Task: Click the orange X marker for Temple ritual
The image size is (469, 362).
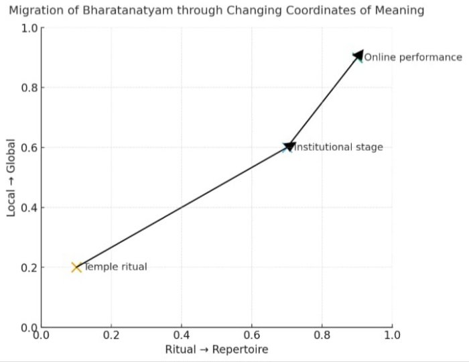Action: [76, 267]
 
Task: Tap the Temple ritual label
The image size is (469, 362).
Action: [115, 267]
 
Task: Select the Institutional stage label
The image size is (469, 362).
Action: [339, 147]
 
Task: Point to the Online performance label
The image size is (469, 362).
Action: [413, 57]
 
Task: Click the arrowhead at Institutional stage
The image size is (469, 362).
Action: [290, 145]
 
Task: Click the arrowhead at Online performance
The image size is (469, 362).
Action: [358, 56]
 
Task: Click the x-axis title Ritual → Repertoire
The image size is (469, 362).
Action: [216, 349]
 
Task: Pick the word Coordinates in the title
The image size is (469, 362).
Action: [326, 10]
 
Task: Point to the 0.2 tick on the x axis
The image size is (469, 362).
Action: [111, 334]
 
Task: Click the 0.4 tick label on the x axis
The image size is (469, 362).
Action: [182, 334]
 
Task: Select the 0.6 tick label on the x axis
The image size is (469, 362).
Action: [252, 334]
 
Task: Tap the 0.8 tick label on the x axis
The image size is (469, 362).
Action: [322, 334]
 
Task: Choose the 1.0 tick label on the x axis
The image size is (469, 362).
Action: [392, 334]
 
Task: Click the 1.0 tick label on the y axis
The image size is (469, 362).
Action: [28, 28]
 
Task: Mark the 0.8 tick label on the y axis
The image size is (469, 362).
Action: [28, 88]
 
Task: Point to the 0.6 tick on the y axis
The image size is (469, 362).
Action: [28, 147]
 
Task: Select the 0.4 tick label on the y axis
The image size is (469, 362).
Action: [28, 207]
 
